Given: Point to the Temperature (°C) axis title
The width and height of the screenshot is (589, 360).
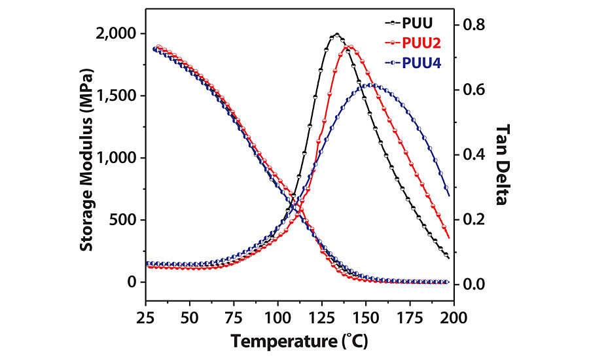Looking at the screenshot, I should pos(299,340).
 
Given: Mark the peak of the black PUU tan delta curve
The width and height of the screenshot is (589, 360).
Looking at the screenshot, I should pos(336,34).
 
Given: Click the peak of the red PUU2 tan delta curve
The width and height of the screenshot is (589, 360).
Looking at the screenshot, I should pos(351,46).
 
